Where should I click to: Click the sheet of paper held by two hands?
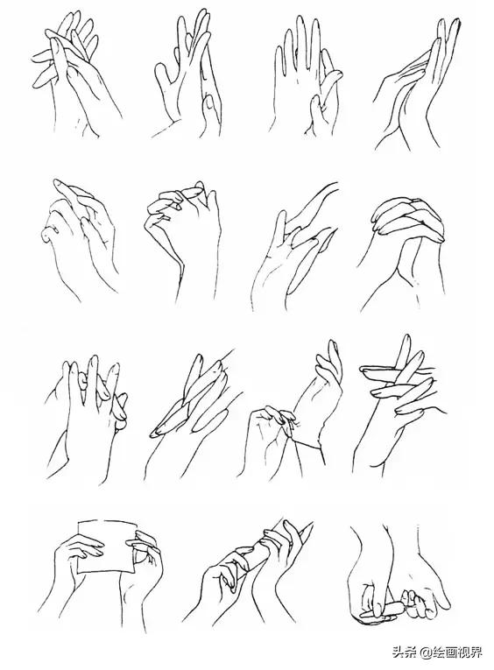tap(107, 547)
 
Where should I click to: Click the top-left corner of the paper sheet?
tap(77, 522)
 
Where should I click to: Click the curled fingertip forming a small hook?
tap(47, 234)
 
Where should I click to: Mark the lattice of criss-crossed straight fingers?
tap(398, 380)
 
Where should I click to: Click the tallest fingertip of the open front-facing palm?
tap(300, 21)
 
